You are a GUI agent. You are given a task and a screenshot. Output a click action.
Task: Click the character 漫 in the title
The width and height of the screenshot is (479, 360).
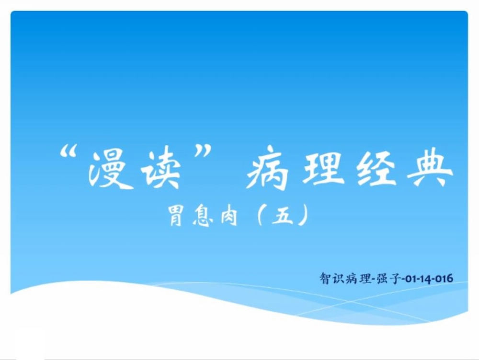107,169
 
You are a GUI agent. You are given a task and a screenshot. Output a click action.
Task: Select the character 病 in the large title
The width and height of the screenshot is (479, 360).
268,169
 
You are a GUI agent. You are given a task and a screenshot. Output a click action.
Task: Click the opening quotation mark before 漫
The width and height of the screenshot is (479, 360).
68,151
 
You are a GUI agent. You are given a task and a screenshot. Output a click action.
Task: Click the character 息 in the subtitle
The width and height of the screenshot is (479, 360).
202,216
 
